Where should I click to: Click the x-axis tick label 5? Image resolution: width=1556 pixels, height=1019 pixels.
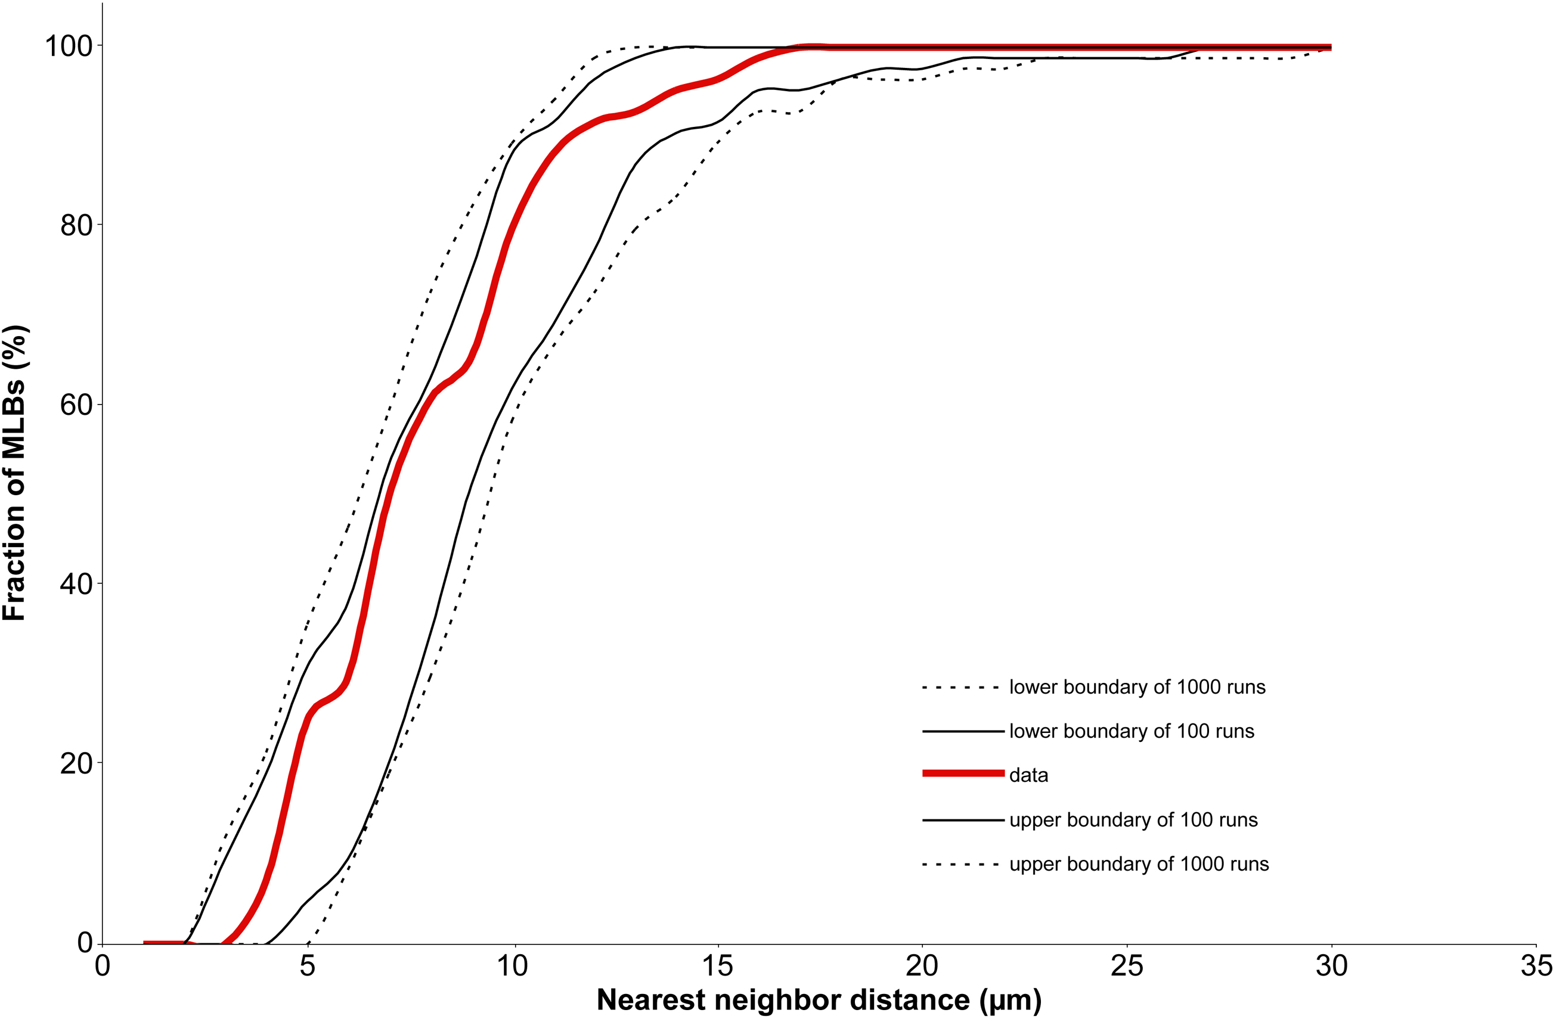[307, 965]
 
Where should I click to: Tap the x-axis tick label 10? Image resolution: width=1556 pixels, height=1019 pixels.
[512, 965]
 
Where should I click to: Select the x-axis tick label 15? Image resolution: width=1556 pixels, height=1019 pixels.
[717, 965]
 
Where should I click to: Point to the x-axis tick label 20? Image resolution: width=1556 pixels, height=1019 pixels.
[922, 965]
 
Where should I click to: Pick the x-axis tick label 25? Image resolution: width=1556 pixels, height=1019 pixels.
[1127, 965]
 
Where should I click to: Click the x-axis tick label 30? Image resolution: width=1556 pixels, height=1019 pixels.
[1332, 965]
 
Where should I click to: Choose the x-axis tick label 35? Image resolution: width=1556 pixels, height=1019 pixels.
[1536, 965]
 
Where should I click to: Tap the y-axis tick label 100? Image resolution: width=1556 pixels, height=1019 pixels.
[68, 46]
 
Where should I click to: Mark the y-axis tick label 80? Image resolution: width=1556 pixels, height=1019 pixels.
[76, 225]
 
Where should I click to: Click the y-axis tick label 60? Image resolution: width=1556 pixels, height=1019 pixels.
[76, 405]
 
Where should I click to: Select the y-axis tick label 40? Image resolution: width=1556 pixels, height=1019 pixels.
[76, 583]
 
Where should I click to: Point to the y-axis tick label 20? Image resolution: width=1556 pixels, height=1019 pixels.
[76, 763]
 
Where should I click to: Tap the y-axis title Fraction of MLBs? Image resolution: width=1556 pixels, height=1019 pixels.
[14, 472]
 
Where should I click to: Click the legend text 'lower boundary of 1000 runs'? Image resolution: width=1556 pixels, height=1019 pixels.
[1137, 687]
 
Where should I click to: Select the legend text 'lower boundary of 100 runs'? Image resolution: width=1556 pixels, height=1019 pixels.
[1131, 731]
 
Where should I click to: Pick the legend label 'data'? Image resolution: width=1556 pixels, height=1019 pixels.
[1028, 775]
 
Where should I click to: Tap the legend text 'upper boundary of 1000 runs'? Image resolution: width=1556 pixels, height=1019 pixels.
[1139, 864]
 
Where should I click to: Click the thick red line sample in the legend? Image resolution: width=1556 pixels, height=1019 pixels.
[962, 773]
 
